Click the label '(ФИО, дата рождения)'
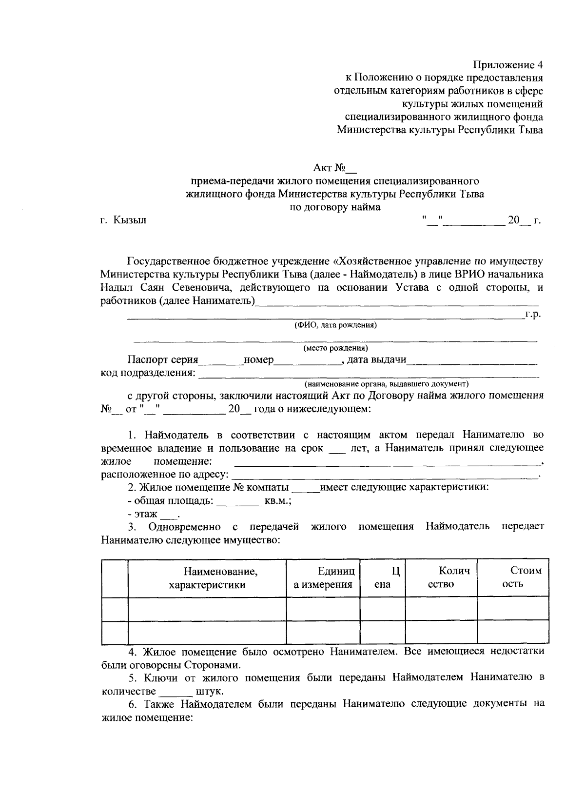coord(335,325)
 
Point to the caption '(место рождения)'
coord(335,348)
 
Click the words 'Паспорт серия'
coord(163,360)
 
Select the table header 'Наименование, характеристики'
coord(207,578)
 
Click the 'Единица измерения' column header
coord(323,578)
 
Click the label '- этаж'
coord(142,514)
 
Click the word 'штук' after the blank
coord(209,692)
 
